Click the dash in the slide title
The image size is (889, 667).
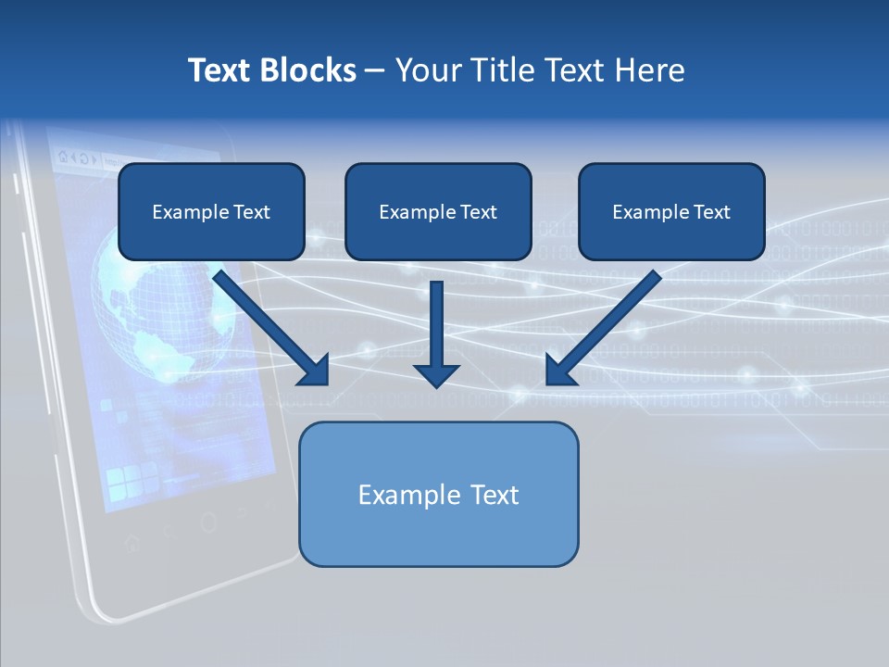[375, 71]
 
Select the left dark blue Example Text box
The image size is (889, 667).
[211, 212]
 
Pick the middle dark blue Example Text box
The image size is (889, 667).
[438, 212]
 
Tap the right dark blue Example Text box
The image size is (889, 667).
[671, 212]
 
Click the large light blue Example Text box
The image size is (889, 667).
[438, 494]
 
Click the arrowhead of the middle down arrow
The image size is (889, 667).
[436, 374]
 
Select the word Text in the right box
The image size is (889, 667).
[711, 212]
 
